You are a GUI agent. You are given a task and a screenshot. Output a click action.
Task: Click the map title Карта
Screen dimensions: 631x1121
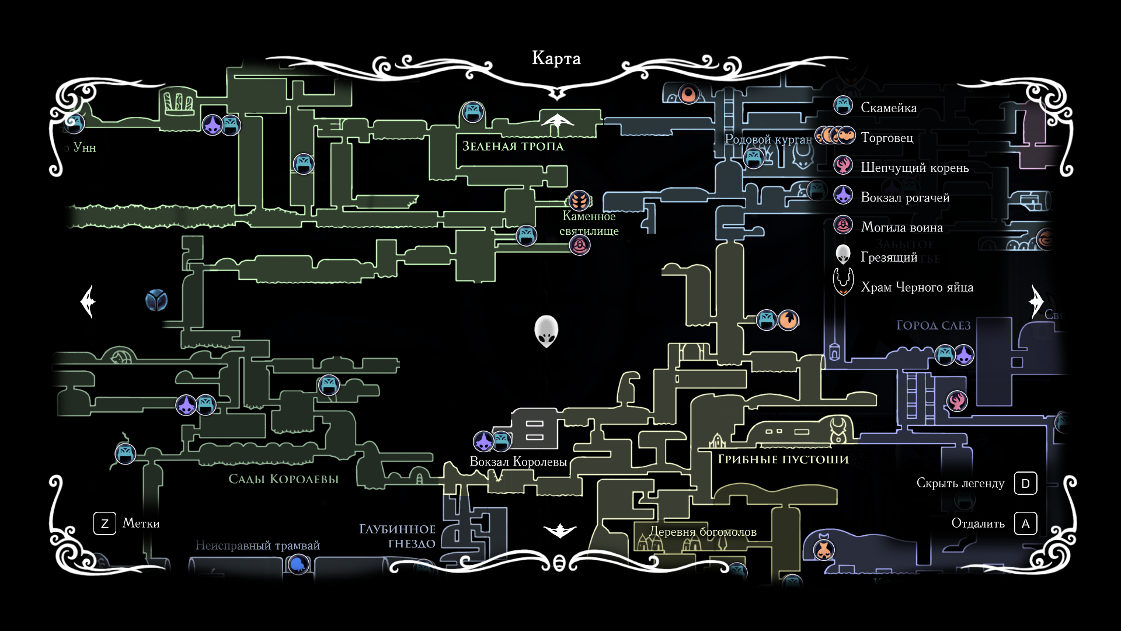[x=556, y=58]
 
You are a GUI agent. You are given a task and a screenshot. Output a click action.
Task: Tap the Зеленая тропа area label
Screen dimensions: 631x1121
[x=513, y=146]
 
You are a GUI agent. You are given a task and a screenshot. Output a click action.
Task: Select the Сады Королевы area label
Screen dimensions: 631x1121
[x=283, y=479]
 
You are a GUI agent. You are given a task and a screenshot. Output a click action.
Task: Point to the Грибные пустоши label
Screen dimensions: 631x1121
[x=783, y=459]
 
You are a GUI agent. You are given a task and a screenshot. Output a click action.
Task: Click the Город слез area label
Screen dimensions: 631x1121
[x=933, y=325]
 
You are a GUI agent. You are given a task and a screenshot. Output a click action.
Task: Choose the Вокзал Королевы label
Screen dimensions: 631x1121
[x=518, y=462]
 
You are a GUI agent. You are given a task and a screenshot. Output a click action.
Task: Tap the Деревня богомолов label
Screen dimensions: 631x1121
[x=703, y=532]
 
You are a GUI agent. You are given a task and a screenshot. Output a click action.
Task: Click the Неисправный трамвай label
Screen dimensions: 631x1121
[x=257, y=545]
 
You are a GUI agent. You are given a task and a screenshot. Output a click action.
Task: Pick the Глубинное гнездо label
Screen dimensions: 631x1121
[x=397, y=536]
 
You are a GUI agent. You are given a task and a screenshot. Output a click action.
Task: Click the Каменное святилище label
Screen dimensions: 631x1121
[x=589, y=223]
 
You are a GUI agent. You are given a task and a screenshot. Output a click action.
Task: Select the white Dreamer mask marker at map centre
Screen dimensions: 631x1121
[x=546, y=331]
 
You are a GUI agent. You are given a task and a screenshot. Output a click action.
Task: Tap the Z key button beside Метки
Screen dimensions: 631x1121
[x=105, y=523]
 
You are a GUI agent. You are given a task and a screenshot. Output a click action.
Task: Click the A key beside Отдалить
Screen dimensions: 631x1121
[x=1025, y=523]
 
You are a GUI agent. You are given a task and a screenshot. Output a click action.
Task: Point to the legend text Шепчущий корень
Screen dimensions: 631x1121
[x=914, y=168]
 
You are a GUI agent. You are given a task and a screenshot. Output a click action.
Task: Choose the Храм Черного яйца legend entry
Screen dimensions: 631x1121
[x=917, y=287]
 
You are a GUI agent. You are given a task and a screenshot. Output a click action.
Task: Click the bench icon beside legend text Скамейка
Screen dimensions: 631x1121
[x=843, y=106]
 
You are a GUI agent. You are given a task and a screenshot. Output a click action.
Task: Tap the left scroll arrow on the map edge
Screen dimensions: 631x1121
[x=88, y=301]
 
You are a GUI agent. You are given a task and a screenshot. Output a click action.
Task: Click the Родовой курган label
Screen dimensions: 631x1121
[x=768, y=139]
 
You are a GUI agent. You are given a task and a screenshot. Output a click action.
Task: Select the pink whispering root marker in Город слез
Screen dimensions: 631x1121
[x=957, y=401]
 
